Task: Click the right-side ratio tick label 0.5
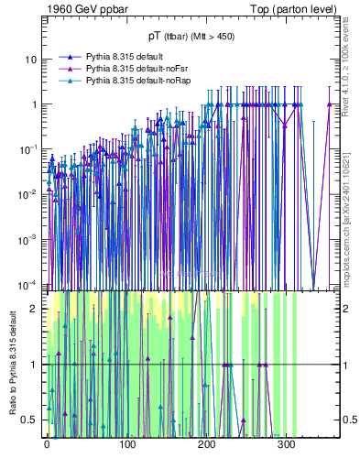(x=348, y=420)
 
